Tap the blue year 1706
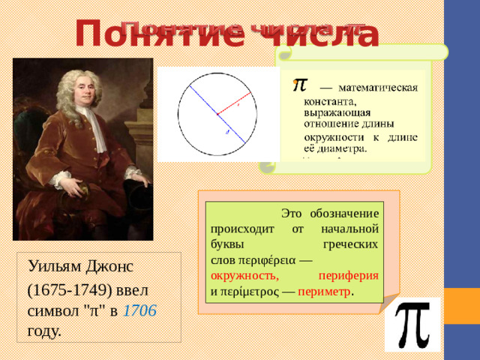(139, 310)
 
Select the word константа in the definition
(328, 100)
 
